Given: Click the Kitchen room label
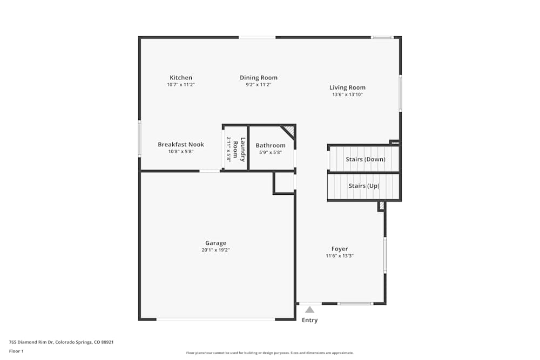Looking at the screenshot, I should tap(180, 78).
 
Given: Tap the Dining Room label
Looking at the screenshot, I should tap(259, 78).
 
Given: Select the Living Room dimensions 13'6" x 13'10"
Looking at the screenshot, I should tap(347, 94).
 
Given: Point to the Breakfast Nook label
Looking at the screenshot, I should tap(181, 145).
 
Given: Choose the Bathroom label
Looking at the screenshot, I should tap(271, 145).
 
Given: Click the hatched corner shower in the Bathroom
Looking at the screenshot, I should tap(289, 131).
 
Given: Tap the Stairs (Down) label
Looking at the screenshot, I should tap(366, 159).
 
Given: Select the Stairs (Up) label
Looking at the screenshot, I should tap(364, 186).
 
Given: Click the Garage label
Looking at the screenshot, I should tap(215, 243).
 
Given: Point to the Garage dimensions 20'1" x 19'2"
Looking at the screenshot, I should tap(215, 250).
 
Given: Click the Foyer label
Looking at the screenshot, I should tap(340, 249).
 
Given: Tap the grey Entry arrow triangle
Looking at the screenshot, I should tap(309, 310).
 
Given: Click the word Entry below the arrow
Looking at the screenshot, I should tap(309, 320).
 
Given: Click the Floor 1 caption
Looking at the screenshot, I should tap(16, 351).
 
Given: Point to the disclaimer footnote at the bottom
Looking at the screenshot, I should tap(269, 353).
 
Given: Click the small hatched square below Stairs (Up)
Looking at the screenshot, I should tap(381, 206).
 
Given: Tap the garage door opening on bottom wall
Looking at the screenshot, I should tap(215, 319).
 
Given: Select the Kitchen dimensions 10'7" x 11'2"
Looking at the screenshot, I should tap(180, 85).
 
